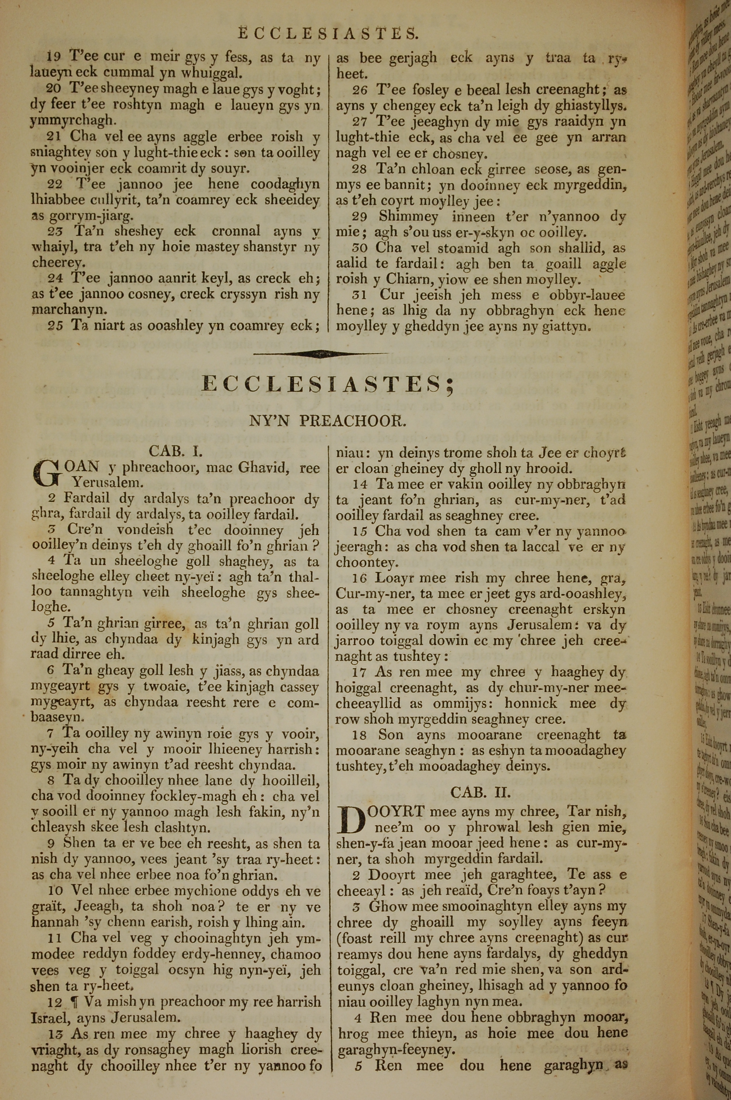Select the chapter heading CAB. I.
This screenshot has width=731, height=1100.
(176, 451)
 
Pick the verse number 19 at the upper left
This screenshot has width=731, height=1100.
(54, 57)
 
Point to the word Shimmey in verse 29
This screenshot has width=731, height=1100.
(408, 217)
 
